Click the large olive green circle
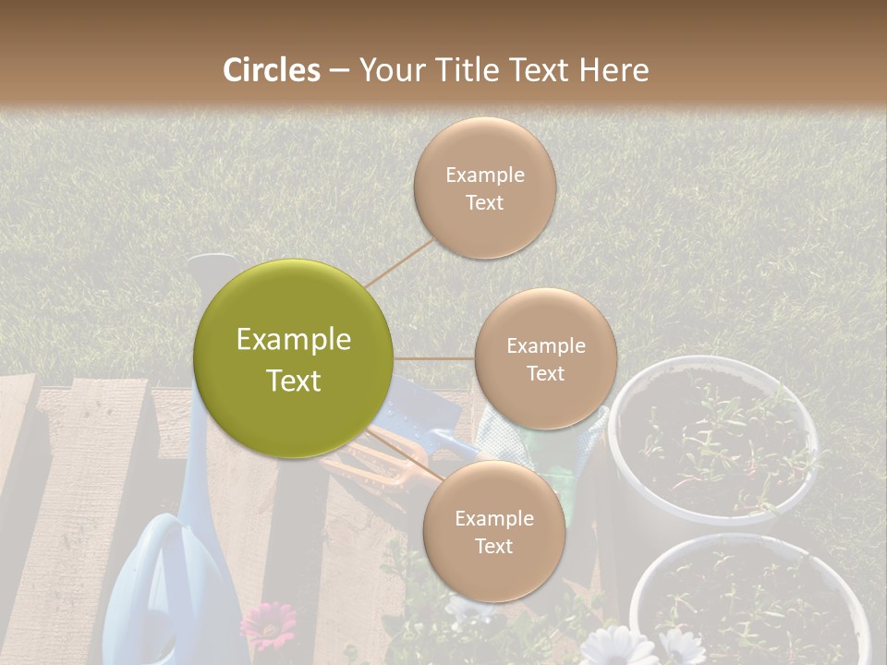(294, 359)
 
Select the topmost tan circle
(484, 187)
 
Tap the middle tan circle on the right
(545, 358)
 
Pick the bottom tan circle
(493, 531)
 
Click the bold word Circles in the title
(272, 70)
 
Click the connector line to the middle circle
(434, 358)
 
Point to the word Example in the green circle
(294, 340)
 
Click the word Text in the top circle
(484, 202)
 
